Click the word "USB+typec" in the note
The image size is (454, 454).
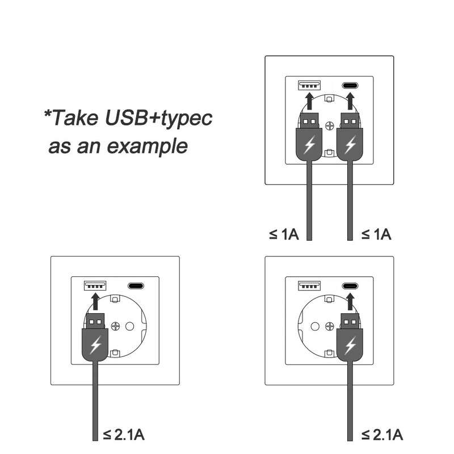159,118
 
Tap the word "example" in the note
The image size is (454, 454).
148,146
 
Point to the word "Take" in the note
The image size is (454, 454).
75,117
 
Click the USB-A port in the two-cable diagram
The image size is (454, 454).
309,86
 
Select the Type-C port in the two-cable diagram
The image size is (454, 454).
350,86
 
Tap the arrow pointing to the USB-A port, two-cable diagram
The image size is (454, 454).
309,101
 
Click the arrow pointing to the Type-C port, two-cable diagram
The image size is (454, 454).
350,101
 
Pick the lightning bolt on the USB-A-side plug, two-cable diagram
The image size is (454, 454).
309,144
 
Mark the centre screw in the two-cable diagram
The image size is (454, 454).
330,125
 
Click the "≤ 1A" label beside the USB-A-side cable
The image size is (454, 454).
284,234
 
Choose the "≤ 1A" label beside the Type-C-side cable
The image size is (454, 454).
376,234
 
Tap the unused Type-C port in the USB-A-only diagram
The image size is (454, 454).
136,286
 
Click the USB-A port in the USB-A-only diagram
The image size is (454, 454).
95,286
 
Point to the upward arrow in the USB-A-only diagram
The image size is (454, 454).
95,301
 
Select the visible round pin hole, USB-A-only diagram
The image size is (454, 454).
130,326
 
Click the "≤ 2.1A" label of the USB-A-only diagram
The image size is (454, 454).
124,435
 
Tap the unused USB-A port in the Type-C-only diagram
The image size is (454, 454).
309,286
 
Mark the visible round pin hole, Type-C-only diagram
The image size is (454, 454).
315,326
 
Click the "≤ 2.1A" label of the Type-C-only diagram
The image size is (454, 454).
382,435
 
